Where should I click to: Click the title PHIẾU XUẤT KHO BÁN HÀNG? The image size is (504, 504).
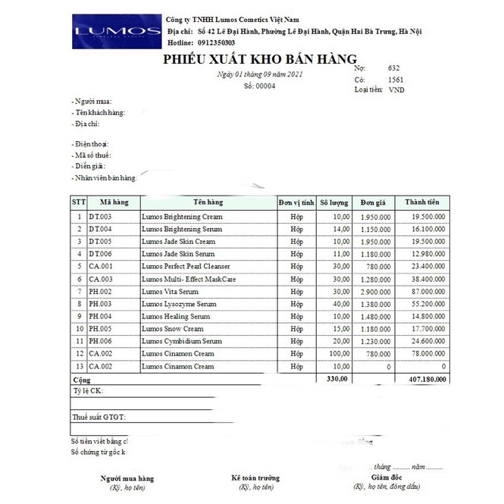[x=258, y=61]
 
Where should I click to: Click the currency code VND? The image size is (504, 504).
[x=396, y=89]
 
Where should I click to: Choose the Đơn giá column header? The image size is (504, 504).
[x=374, y=202]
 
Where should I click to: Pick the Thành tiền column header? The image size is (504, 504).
[x=424, y=202]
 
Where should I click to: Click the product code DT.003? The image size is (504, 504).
[x=101, y=217]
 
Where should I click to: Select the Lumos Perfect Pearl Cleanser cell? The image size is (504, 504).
[x=186, y=266]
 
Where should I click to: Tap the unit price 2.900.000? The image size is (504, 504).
[x=375, y=291]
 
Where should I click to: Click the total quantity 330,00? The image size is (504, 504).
[x=337, y=378]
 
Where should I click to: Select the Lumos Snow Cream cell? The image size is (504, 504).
[x=173, y=329]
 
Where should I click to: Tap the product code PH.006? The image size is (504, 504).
[x=101, y=341]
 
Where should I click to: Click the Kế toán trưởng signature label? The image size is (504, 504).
[x=255, y=478]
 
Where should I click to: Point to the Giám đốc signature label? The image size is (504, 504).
[x=386, y=477]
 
